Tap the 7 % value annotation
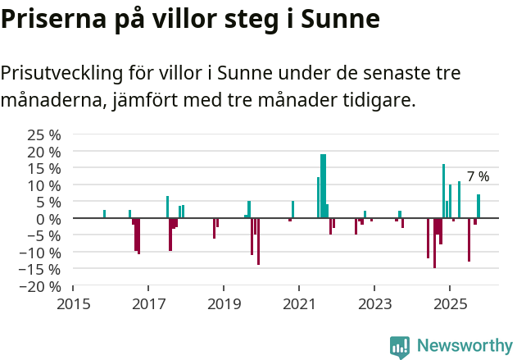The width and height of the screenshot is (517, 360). [478, 177]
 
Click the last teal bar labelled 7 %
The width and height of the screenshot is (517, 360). [478, 207]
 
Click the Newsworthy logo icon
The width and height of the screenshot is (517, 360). [400, 347]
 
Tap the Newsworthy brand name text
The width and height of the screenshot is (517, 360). [465, 347]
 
